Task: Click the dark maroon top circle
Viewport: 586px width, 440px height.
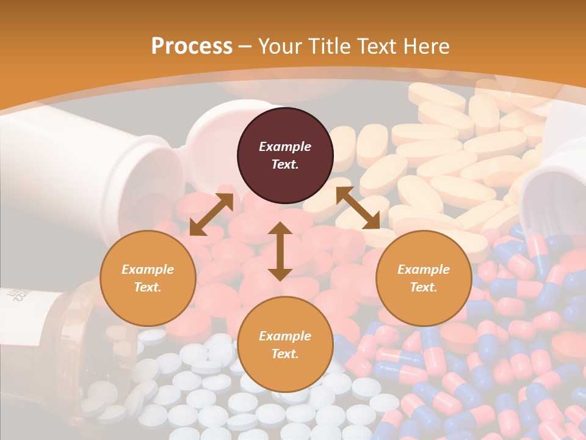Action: (285, 156)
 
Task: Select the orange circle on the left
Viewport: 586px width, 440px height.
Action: (148, 278)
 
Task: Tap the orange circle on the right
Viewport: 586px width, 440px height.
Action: (424, 278)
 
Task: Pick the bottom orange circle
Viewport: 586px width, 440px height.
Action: (285, 345)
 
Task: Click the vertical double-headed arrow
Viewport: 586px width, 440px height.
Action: (280, 251)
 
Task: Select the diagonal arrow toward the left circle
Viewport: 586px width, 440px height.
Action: (211, 215)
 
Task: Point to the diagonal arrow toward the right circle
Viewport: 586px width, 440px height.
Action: (358, 208)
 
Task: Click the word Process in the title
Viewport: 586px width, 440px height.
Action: (192, 46)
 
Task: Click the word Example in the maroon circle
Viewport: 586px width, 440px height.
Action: (285, 147)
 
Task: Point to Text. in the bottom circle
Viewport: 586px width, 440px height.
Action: (285, 354)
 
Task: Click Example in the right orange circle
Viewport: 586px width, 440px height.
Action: (424, 269)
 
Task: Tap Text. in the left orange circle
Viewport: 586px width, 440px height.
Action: (148, 287)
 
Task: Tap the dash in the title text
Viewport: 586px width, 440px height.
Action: (245, 46)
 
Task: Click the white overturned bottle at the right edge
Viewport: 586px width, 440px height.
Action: (555, 177)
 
